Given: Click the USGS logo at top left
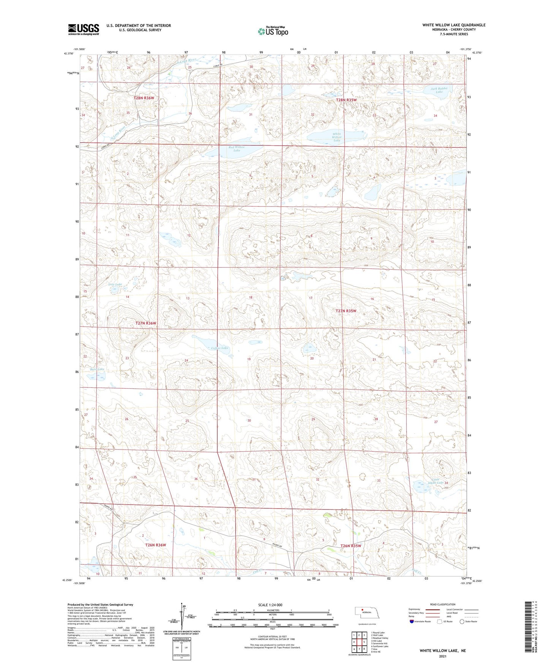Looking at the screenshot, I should tap(83, 29).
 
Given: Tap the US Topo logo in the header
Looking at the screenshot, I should tap(273, 31).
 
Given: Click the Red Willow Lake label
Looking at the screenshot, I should tap(237, 149).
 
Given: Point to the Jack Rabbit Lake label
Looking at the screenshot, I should tap(439, 90).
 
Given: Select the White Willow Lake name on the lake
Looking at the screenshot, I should tap(337, 137).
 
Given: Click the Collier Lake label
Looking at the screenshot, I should tap(220, 348).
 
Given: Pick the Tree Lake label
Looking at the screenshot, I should tap(115, 284).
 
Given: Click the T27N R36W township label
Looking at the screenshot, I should tap(146, 323).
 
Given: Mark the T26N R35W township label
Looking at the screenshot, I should tap(351, 546).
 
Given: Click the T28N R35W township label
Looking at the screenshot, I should tap(346, 100).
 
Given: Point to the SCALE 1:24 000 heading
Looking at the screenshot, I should tap(270, 605).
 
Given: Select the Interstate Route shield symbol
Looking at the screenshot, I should tap(411, 621).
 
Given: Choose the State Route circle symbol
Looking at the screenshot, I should tap(462, 621).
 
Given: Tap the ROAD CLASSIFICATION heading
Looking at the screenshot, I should tap(443, 604).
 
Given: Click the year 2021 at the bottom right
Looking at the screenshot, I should tap(442, 656).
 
